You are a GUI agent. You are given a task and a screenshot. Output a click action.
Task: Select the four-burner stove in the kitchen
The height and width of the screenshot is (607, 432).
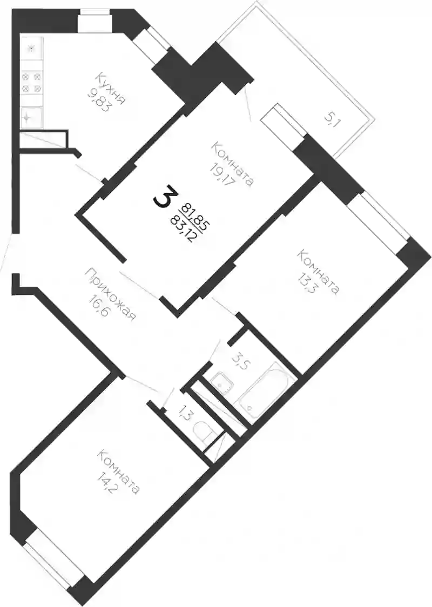[31, 83]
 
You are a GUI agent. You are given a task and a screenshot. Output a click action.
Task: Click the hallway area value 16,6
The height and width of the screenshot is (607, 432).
[97, 304]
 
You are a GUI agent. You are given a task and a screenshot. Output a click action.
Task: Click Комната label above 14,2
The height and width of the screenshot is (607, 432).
[119, 472]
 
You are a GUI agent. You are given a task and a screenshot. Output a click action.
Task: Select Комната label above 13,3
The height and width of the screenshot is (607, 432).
[319, 272]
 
